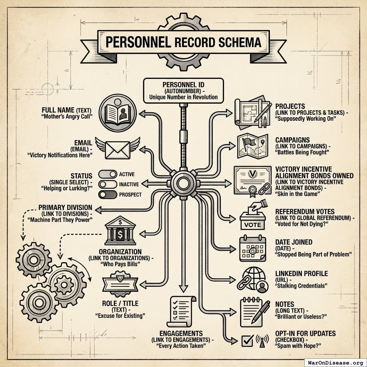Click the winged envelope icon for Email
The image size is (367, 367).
117,149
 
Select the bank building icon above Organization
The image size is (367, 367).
120,232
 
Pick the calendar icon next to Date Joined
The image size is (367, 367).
253,248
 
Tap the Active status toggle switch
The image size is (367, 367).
108,175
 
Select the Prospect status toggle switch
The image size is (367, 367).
108,195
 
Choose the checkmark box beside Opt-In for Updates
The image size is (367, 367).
248,340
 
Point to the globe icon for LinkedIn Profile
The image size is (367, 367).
252,279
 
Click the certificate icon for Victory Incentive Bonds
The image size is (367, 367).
253,180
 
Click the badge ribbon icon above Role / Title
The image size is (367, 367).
120,282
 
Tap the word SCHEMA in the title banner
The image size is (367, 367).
239,43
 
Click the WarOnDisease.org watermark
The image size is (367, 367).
335,362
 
